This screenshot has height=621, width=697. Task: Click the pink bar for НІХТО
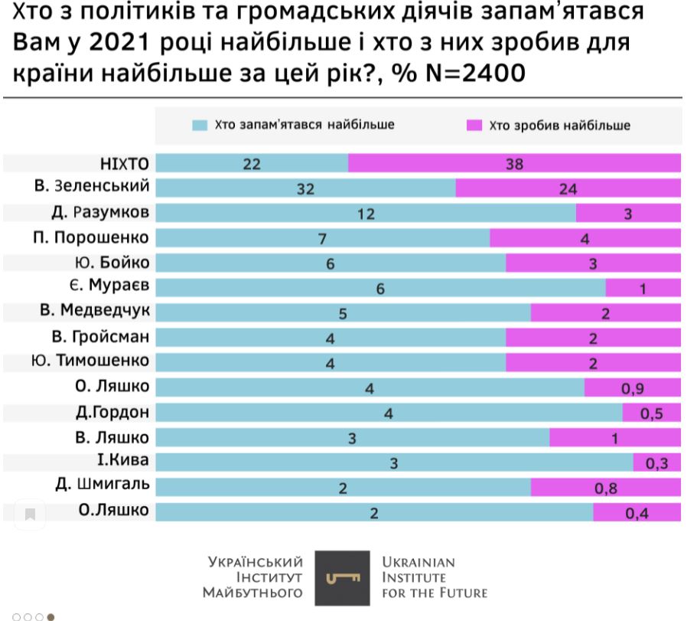[514, 163]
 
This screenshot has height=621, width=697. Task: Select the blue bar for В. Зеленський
[305, 189]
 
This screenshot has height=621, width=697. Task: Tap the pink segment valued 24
[568, 189]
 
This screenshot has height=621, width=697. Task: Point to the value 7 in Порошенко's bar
[323, 239]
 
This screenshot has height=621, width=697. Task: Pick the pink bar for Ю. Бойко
[593, 263]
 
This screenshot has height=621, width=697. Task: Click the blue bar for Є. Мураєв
[380, 288]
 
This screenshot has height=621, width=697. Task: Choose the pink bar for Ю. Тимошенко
[593, 362]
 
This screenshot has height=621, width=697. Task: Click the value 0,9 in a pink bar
[632, 388]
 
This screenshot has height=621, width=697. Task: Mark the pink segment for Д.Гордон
[651, 413]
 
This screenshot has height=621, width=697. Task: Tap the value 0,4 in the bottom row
[637, 512]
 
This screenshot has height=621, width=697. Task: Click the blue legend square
[198, 125]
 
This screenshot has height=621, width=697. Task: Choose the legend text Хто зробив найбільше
[559, 126]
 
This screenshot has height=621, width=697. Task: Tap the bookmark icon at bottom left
[30, 514]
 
